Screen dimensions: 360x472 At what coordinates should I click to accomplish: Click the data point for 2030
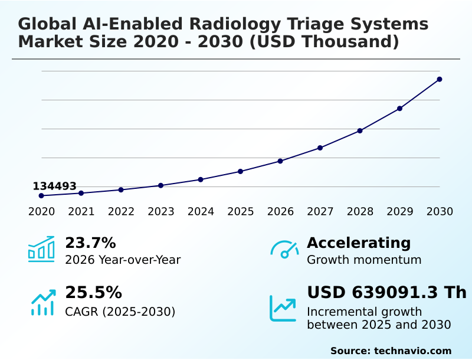pyautogui.click(x=440, y=79)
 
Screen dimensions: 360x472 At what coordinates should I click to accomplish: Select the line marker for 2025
pyautogui.click(x=241, y=171)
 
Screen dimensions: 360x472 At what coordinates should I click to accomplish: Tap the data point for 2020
pyautogui.click(x=41, y=195)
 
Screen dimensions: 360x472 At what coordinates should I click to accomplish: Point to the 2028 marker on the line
pyautogui.click(x=360, y=130)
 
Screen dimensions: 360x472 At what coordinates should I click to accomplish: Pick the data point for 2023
pyautogui.click(x=161, y=185)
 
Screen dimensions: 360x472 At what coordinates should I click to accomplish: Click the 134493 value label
pyautogui.click(x=54, y=186)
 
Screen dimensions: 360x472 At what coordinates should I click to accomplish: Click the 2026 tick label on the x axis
pyautogui.click(x=280, y=212)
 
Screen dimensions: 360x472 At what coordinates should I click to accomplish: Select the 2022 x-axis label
pyautogui.click(x=121, y=212)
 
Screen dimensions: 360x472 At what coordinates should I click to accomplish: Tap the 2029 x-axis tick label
pyautogui.click(x=400, y=212)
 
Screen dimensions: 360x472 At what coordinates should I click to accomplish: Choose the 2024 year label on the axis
pyautogui.click(x=201, y=212)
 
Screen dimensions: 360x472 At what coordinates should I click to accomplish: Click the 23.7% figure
pyautogui.click(x=90, y=243)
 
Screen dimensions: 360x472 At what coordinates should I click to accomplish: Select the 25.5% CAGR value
pyautogui.click(x=93, y=293)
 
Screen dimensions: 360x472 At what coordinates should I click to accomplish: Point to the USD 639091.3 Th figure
pyautogui.click(x=386, y=293)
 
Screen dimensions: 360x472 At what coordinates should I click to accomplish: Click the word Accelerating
pyautogui.click(x=359, y=243)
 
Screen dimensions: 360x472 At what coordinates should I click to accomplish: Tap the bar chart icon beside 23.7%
pyautogui.click(x=41, y=249)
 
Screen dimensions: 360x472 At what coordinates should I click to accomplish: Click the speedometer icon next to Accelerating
pyautogui.click(x=284, y=250)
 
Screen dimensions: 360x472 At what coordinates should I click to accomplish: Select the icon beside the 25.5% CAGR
pyautogui.click(x=43, y=302)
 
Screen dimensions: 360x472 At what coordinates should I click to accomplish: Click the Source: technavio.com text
pyautogui.click(x=391, y=351)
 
